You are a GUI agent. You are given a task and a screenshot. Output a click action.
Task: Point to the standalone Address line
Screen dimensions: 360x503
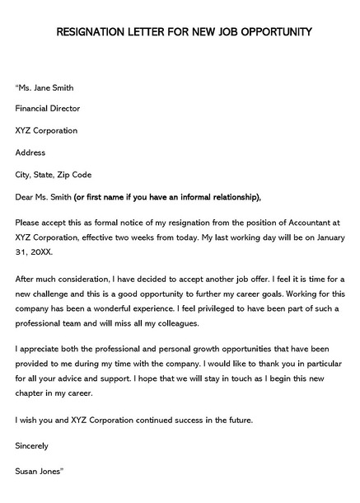[30, 153]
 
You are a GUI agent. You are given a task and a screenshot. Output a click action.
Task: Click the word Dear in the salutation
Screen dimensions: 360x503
[24, 197]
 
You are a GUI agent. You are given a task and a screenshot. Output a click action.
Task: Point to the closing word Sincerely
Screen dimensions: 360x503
[32, 445]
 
